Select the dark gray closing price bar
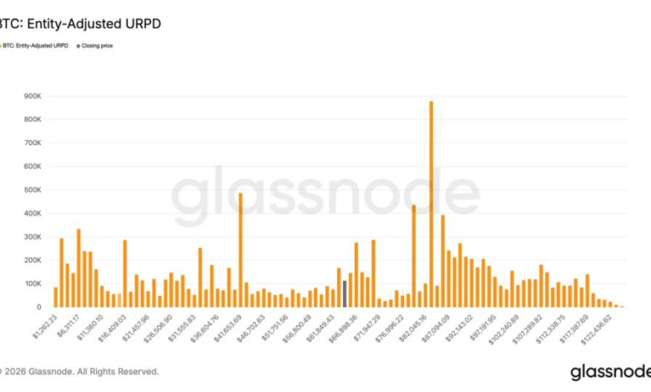click(345, 294)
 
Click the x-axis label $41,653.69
click(227, 329)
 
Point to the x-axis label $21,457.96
click(135, 329)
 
